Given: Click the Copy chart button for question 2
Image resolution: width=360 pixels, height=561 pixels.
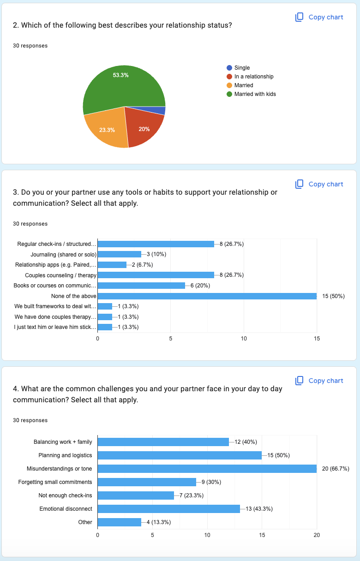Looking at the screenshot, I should [319, 17].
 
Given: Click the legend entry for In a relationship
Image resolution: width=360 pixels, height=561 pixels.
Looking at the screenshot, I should [253, 77].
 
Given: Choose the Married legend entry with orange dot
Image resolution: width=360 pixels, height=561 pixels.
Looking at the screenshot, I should [243, 85].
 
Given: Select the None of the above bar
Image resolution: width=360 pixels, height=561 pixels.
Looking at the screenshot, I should [207, 296].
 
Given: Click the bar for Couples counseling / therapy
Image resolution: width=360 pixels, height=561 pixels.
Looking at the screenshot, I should [156, 275].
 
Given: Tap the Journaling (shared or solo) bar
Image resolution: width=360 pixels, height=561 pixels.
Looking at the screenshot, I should [119, 254].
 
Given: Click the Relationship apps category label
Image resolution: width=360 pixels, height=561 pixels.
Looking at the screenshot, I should [56, 265].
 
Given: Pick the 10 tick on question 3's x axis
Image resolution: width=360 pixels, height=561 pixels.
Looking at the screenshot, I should [244, 339].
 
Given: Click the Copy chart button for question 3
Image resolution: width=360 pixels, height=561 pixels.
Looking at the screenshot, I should [319, 184].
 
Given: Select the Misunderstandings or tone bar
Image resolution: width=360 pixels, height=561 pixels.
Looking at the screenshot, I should [207, 469].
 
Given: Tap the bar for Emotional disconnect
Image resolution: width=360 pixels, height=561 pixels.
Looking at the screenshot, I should [168, 509].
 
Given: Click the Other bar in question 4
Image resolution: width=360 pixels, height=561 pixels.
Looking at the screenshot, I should [119, 522].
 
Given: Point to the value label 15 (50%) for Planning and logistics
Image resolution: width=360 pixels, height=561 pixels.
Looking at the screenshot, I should [278, 455].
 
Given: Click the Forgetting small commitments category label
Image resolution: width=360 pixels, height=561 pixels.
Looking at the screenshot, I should [55, 482].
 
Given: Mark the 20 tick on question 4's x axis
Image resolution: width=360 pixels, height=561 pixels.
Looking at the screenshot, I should [317, 535].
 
